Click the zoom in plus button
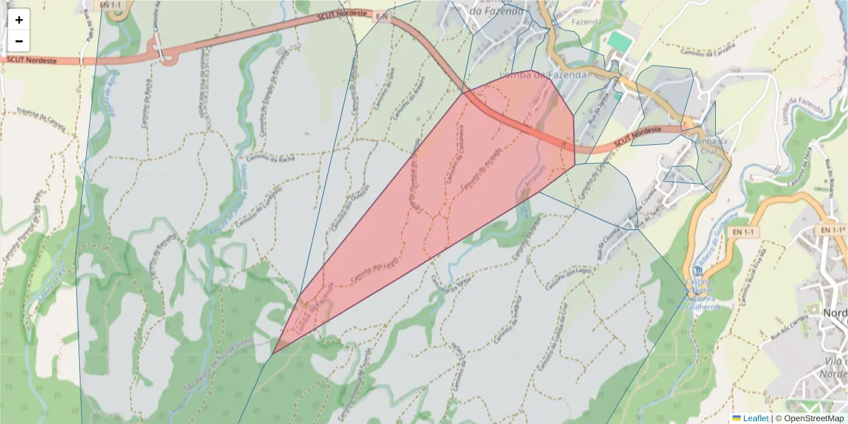pyautogui.click(x=19, y=20)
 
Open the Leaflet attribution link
pyautogui.click(x=750, y=418)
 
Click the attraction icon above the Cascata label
pyautogui.click(x=699, y=271)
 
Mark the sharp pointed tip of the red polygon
pyautogui.click(x=273, y=353)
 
